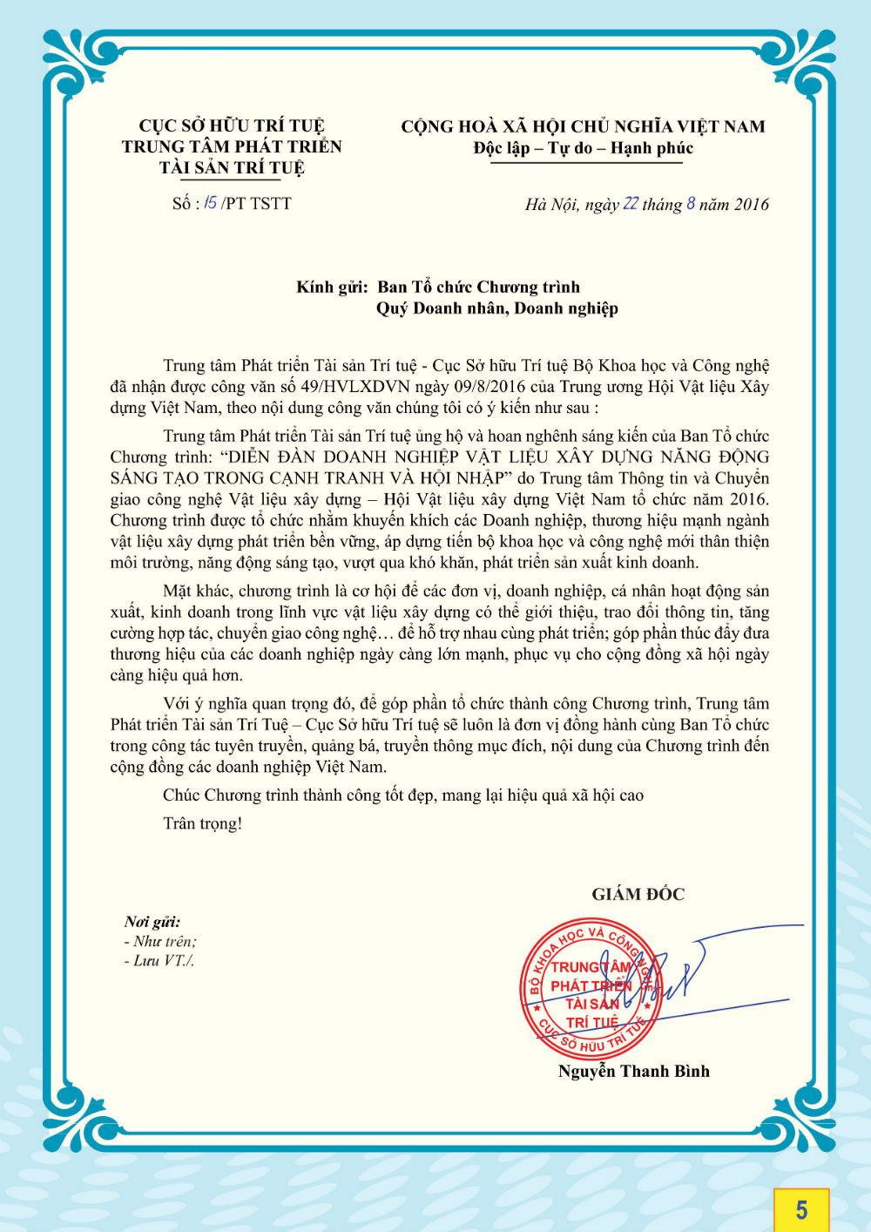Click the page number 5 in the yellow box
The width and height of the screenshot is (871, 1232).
pos(801,1209)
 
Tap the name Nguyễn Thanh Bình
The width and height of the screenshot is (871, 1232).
pos(633,1072)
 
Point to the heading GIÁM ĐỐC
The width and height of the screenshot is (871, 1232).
pos(638,894)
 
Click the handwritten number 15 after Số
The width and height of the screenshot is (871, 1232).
pos(210,203)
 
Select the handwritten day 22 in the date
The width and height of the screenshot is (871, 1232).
pos(631,204)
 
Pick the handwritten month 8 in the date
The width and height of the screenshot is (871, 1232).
pos(691,204)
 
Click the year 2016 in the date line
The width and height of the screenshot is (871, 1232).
pos(751,205)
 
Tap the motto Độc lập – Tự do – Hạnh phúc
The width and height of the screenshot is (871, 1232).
pos(583,148)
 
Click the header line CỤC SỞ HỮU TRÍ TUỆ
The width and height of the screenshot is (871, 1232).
pos(232,126)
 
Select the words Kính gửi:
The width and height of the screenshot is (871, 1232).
pos(332,288)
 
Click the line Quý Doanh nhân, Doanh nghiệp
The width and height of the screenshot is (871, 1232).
pos(496,308)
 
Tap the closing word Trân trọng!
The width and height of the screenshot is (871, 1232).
pos(202,823)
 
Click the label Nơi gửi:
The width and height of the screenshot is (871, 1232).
pos(152,922)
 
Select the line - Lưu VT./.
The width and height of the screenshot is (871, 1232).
pos(159,961)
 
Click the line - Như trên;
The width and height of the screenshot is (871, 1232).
pos(160,942)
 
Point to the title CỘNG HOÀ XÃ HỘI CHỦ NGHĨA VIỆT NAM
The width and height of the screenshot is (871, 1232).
pos(583,127)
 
